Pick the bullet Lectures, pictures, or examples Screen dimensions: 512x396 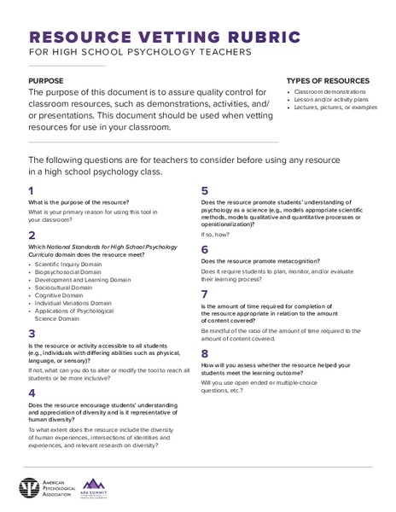pyautogui.click(x=338, y=107)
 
